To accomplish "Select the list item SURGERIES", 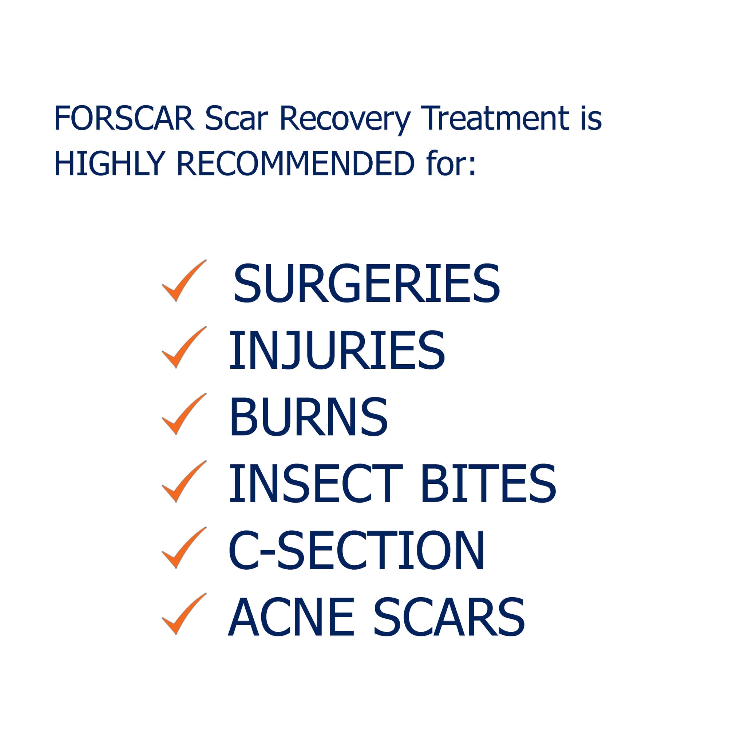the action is pos(366,284).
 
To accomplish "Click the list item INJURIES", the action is pos(337,350).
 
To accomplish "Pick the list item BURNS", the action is pos(308,417).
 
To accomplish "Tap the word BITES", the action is pos(489,483).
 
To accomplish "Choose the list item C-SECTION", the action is pos(356,550).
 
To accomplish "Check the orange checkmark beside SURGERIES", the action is pos(184,281).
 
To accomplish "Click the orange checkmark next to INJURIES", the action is pos(184,348).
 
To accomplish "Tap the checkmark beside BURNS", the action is pos(184,414).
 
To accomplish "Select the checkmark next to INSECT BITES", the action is pos(184,482).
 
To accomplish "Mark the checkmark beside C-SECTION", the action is pos(184,548).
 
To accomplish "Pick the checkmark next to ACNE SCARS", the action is pos(184,614).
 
